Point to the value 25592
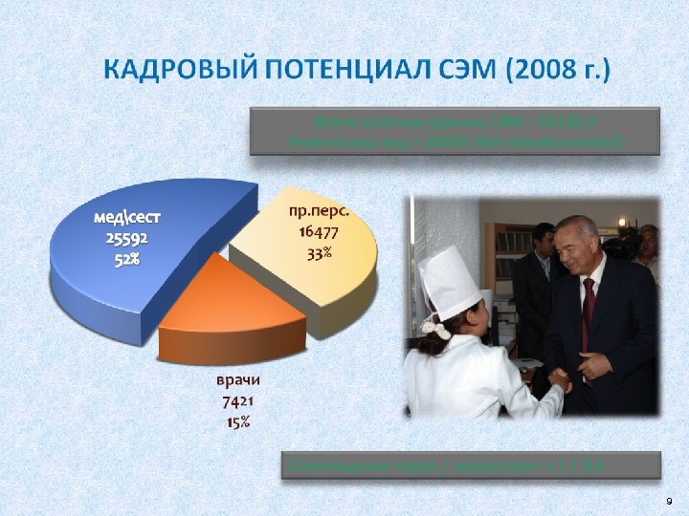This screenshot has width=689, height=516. tap(126, 239)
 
